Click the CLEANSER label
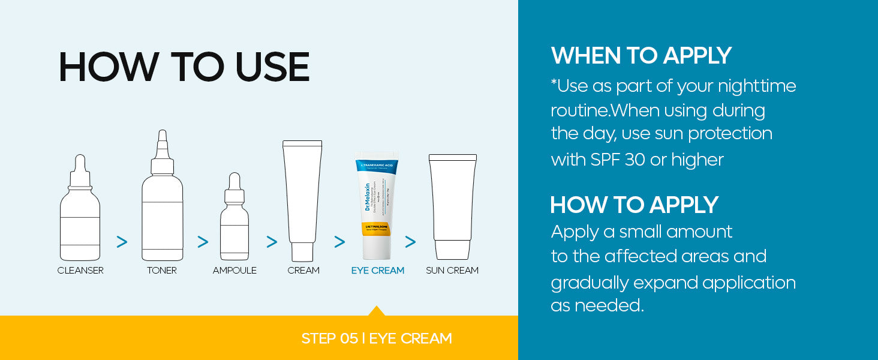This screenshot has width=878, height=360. [80, 271]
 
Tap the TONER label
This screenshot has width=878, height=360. [162, 271]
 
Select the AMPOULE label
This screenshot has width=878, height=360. [234, 271]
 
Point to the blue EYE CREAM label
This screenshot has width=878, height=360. [378, 271]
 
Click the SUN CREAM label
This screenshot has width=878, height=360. [452, 271]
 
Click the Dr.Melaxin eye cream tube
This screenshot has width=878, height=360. [378, 201]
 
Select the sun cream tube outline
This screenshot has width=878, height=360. [453, 204]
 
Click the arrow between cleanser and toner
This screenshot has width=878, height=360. [122, 242]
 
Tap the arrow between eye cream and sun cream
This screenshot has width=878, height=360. [410, 242]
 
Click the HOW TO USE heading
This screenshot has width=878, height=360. [184, 67]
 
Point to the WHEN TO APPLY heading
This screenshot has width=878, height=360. [641, 56]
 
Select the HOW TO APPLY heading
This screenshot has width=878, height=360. [634, 205]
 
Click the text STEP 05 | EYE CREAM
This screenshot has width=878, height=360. [377, 338]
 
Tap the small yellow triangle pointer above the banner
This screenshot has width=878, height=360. [377, 311]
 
